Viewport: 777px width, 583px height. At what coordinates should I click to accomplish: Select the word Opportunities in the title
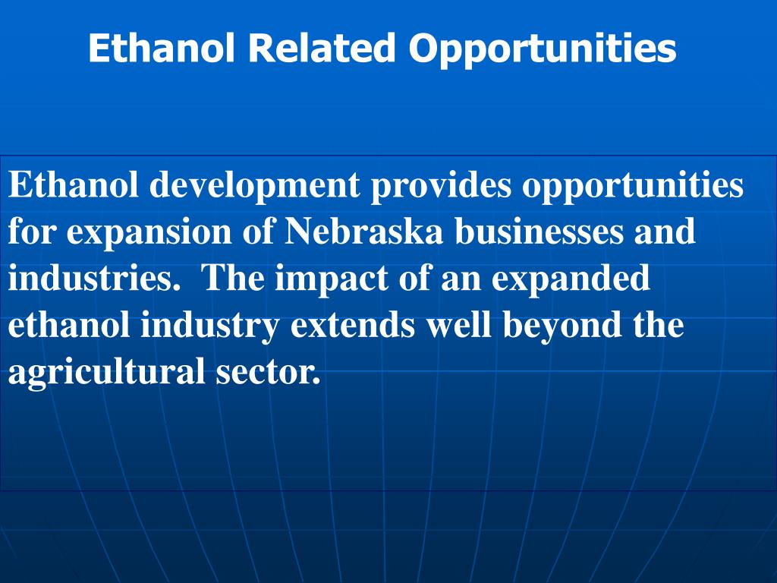pos(542,49)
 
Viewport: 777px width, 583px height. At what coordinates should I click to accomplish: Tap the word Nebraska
pos(364,232)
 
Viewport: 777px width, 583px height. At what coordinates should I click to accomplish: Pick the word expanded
pos(571,279)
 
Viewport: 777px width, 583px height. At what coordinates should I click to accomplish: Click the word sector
pos(263,373)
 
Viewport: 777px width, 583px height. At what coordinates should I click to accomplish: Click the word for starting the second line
pos(33,232)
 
